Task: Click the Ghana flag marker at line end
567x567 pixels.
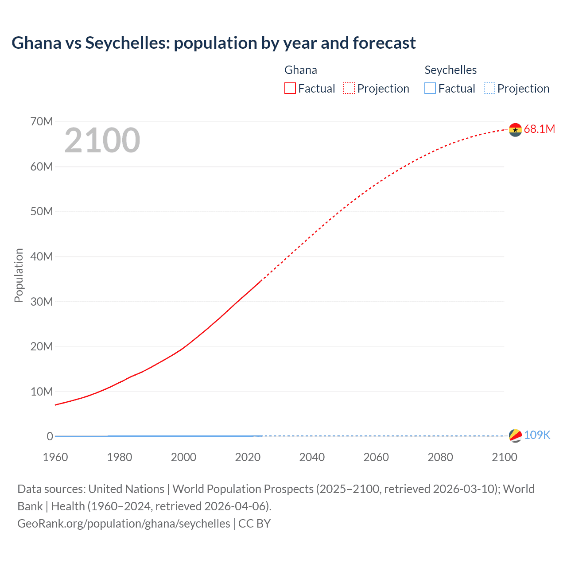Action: [x=515, y=130]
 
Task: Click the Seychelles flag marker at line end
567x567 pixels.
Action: [x=515, y=436]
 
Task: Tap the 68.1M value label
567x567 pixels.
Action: [x=539, y=129]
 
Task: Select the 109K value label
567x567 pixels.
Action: [x=537, y=435]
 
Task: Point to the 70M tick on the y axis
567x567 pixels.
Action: [x=42, y=122]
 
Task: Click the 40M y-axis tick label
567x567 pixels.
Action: [x=42, y=257]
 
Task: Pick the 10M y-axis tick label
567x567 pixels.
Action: [x=42, y=392]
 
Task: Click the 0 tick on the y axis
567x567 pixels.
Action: [x=50, y=437]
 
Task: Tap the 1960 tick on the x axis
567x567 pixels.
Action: [x=55, y=457]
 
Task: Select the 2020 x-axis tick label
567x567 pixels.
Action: [x=248, y=457]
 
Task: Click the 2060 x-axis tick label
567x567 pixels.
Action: [x=376, y=457]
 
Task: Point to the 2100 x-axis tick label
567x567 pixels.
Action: [x=504, y=457]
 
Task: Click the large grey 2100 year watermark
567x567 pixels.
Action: [x=102, y=141]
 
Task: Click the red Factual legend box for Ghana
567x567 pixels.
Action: [x=290, y=89]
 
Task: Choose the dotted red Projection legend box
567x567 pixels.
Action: [x=349, y=89]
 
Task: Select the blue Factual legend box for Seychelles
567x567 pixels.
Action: [x=430, y=89]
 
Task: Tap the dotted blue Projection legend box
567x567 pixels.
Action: [x=489, y=89]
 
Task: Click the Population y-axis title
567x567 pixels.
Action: [x=19, y=275]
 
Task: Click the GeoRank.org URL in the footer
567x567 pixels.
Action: [x=124, y=524]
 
